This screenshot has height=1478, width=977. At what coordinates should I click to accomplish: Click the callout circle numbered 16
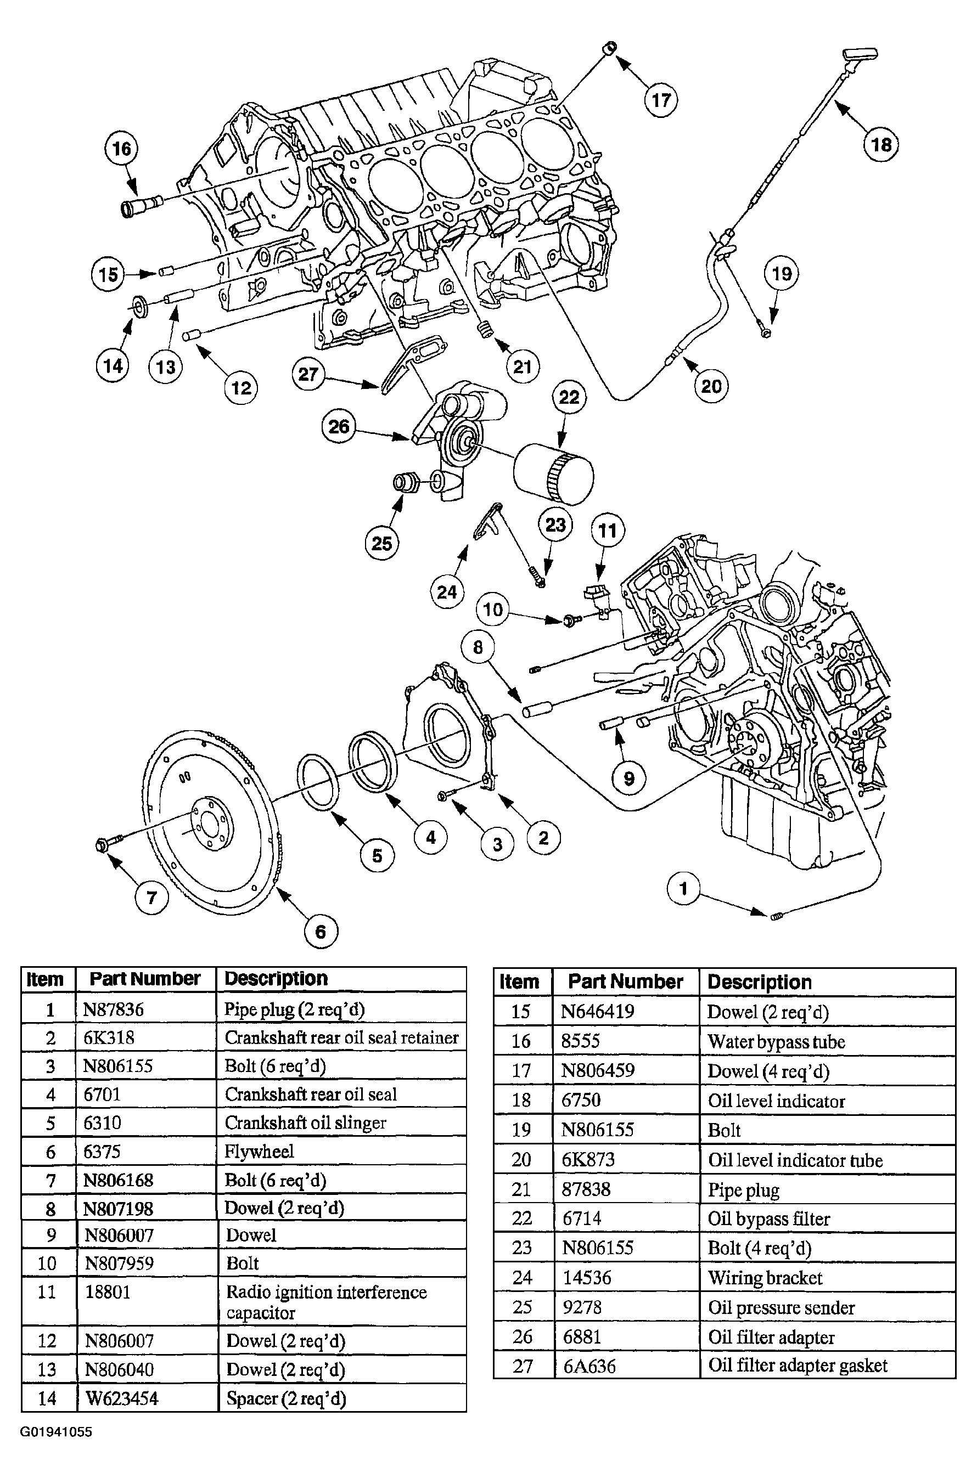121,148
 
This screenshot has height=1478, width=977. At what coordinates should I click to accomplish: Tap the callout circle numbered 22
569,397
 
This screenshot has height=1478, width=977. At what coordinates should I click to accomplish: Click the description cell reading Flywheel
259,1151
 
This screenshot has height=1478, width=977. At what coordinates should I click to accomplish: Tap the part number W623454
121,1398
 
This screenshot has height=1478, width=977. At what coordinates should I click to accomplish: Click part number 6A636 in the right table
589,1366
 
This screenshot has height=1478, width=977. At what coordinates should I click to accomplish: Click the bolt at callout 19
765,332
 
